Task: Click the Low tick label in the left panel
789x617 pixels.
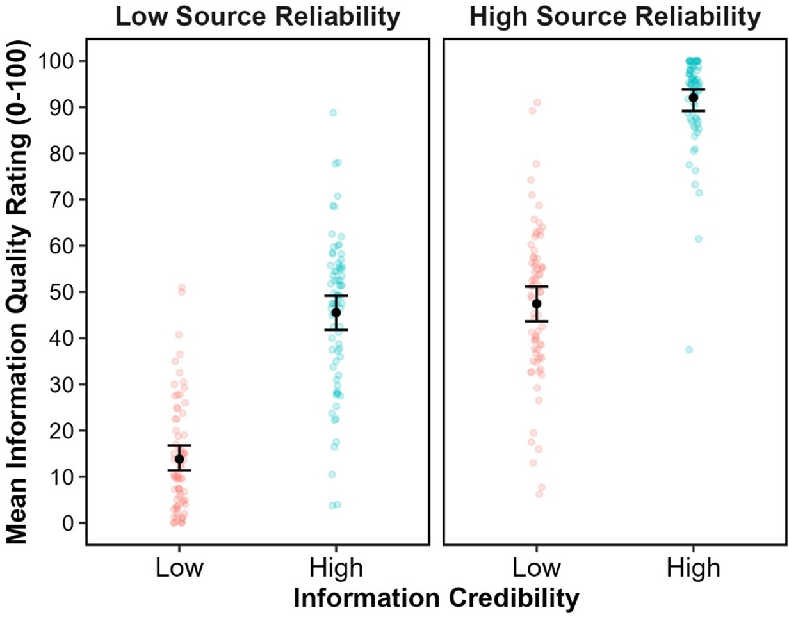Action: [179, 568]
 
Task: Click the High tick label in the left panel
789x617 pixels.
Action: [336, 568]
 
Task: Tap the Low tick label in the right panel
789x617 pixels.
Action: [536, 568]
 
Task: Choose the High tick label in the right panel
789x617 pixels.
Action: [694, 568]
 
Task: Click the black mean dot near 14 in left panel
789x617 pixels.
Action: [179, 459]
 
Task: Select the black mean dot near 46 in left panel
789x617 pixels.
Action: [336, 312]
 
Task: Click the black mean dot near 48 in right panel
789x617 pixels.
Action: [537, 303]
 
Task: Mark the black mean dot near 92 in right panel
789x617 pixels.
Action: [693, 98]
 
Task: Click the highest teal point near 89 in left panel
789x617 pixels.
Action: [333, 113]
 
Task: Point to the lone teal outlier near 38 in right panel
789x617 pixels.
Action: [689, 349]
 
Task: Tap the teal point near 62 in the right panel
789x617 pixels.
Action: [699, 239]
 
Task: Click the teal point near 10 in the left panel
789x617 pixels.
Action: [332, 474]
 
